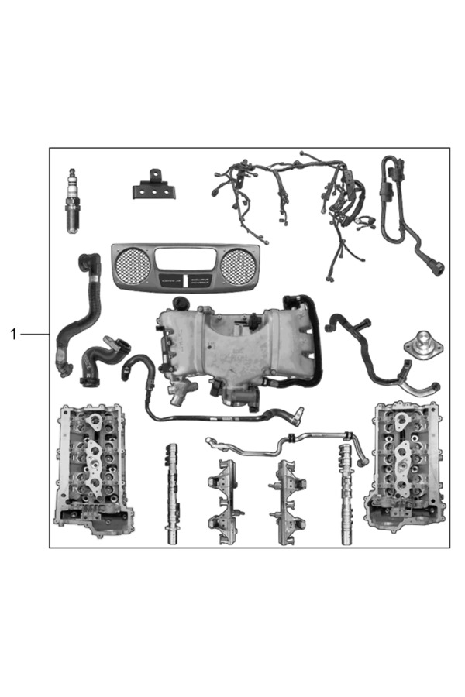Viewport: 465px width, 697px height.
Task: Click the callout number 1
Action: coord(13,334)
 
